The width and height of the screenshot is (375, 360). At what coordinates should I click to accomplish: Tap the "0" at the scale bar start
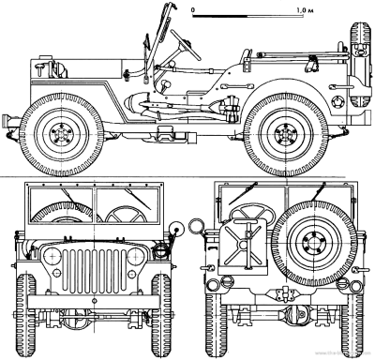[193, 8]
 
